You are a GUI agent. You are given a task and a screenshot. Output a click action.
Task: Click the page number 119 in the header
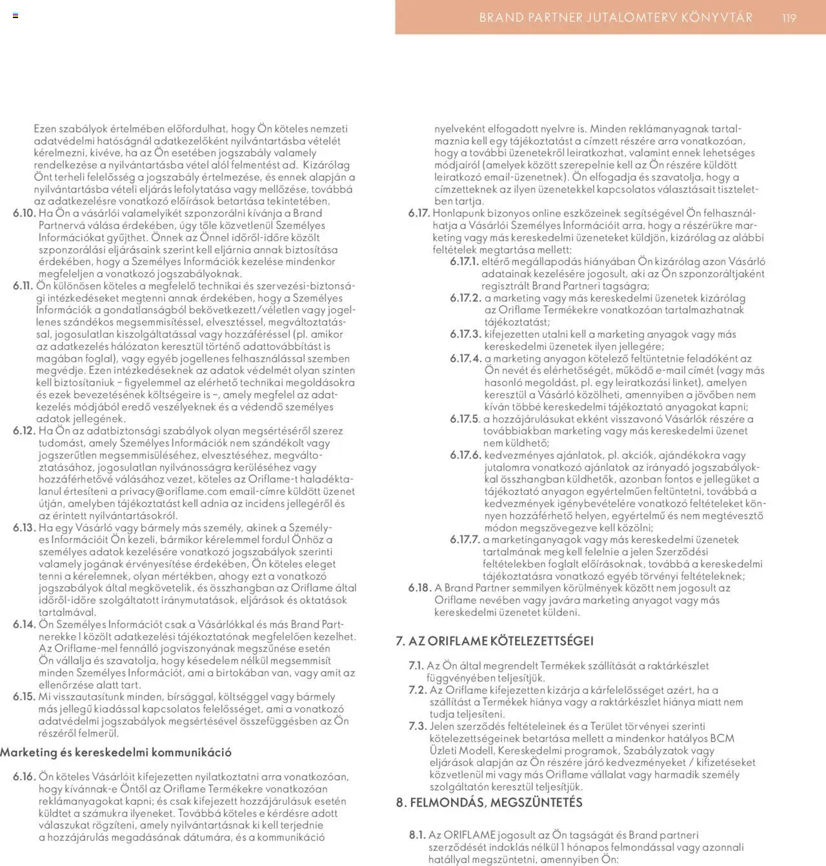(x=789, y=18)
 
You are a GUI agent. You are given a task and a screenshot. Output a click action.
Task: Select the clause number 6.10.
(x=24, y=213)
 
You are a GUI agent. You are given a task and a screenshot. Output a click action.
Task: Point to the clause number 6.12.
(x=24, y=431)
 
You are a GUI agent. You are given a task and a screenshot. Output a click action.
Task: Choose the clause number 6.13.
(x=24, y=527)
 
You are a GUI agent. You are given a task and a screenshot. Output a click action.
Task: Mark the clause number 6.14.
(x=24, y=624)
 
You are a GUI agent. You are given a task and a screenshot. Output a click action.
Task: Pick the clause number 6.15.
(x=24, y=697)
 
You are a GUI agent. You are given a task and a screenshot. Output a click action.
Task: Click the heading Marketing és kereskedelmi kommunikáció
(x=116, y=753)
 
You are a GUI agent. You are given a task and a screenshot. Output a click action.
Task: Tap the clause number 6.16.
(x=24, y=777)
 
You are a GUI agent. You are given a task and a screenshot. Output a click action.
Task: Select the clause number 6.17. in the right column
(x=419, y=213)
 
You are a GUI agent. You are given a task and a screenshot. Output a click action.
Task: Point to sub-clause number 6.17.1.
(x=464, y=262)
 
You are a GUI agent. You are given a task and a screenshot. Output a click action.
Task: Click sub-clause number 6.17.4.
(x=465, y=359)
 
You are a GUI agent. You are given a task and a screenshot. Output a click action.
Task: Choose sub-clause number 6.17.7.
(x=465, y=540)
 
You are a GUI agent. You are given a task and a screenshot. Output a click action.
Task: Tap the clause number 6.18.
(x=419, y=588)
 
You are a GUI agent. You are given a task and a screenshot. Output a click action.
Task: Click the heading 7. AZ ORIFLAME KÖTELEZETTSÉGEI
(x=494, y=641)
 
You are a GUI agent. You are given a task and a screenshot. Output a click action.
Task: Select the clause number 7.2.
(x=418, y=690)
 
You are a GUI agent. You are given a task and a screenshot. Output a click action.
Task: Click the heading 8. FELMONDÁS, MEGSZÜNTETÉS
(x=489, y=803)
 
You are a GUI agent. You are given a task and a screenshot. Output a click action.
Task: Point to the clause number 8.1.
(x=417, y=835)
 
